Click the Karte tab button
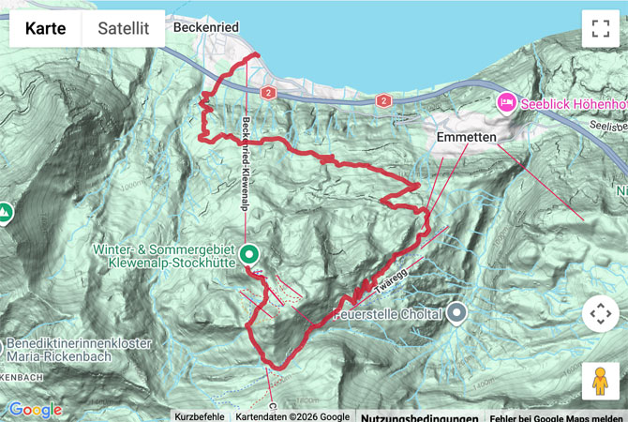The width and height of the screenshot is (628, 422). (x=45, y=29)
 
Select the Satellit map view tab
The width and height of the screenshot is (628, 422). (x=124, y=29)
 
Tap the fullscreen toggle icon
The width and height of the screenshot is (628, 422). (x=600, y=29)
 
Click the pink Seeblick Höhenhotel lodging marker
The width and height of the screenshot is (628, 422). (x=506, y=100)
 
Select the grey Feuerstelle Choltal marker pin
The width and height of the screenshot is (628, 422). (x=456, y=312)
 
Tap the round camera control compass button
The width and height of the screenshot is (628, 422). (x=600, y=313)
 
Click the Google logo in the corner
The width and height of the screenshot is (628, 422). (x=36, y=410)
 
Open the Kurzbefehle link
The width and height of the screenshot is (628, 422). (x=199, y=416)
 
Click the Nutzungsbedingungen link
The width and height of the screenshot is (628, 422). (x=419, y=416)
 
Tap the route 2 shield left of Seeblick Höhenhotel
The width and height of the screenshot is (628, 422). (x=382, y=100)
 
